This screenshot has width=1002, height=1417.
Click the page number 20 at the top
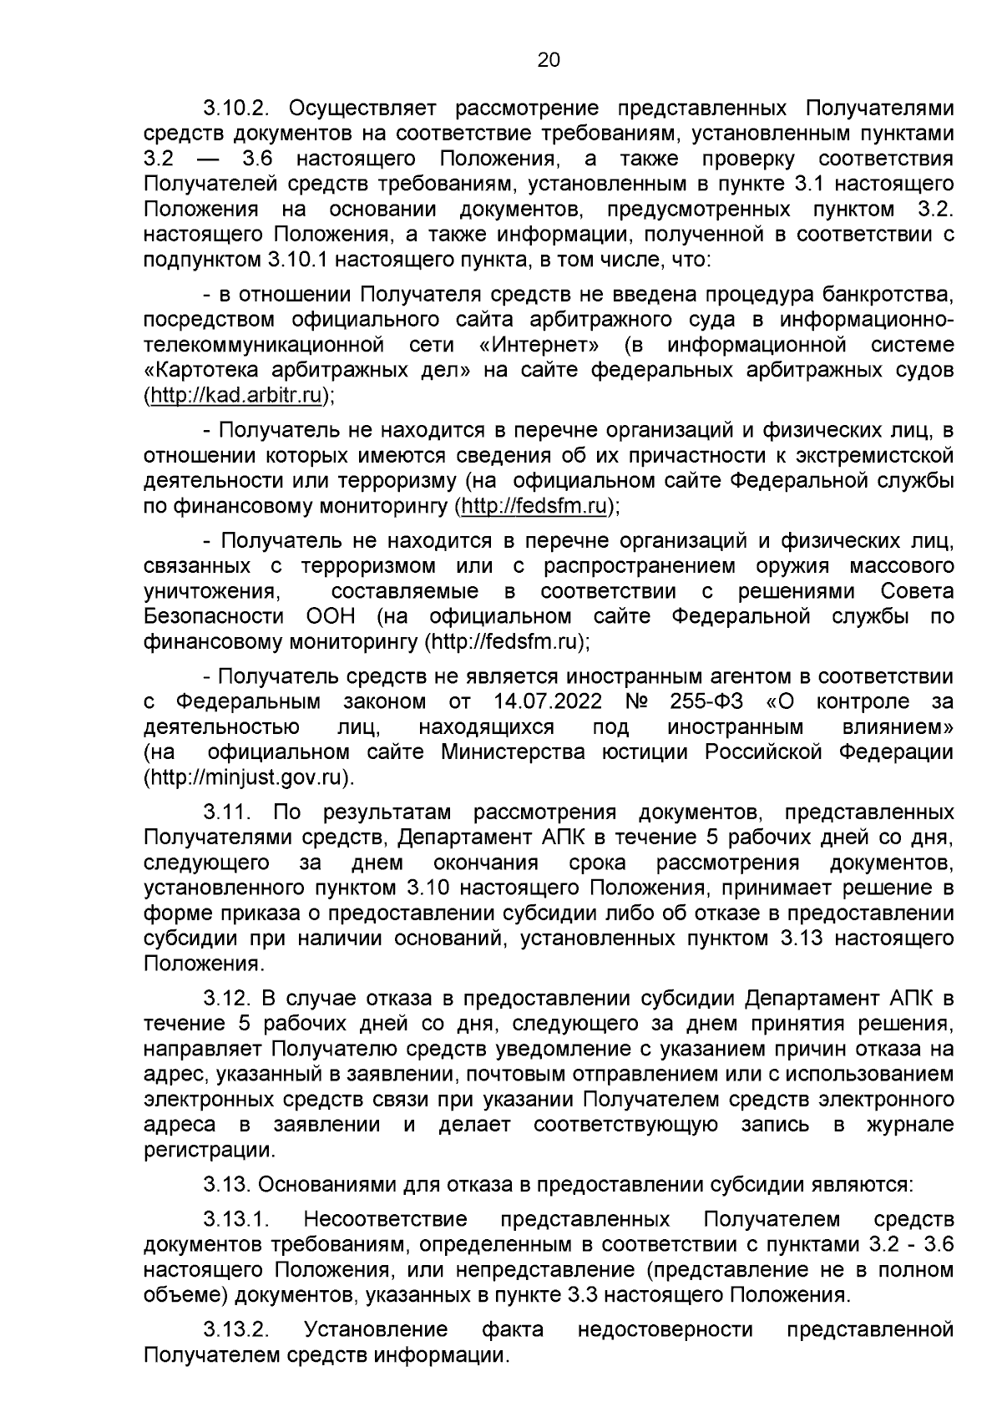coord(548,59)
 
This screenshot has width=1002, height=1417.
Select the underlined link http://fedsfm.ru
coord(534,506)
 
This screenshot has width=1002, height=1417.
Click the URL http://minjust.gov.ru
coord(247,777)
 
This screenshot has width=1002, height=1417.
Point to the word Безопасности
coord(213,617)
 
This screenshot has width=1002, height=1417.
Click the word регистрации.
coord(208,1150)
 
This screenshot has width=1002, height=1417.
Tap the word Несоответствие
coord(386,1220)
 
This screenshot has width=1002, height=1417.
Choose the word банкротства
coord(887,294)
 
